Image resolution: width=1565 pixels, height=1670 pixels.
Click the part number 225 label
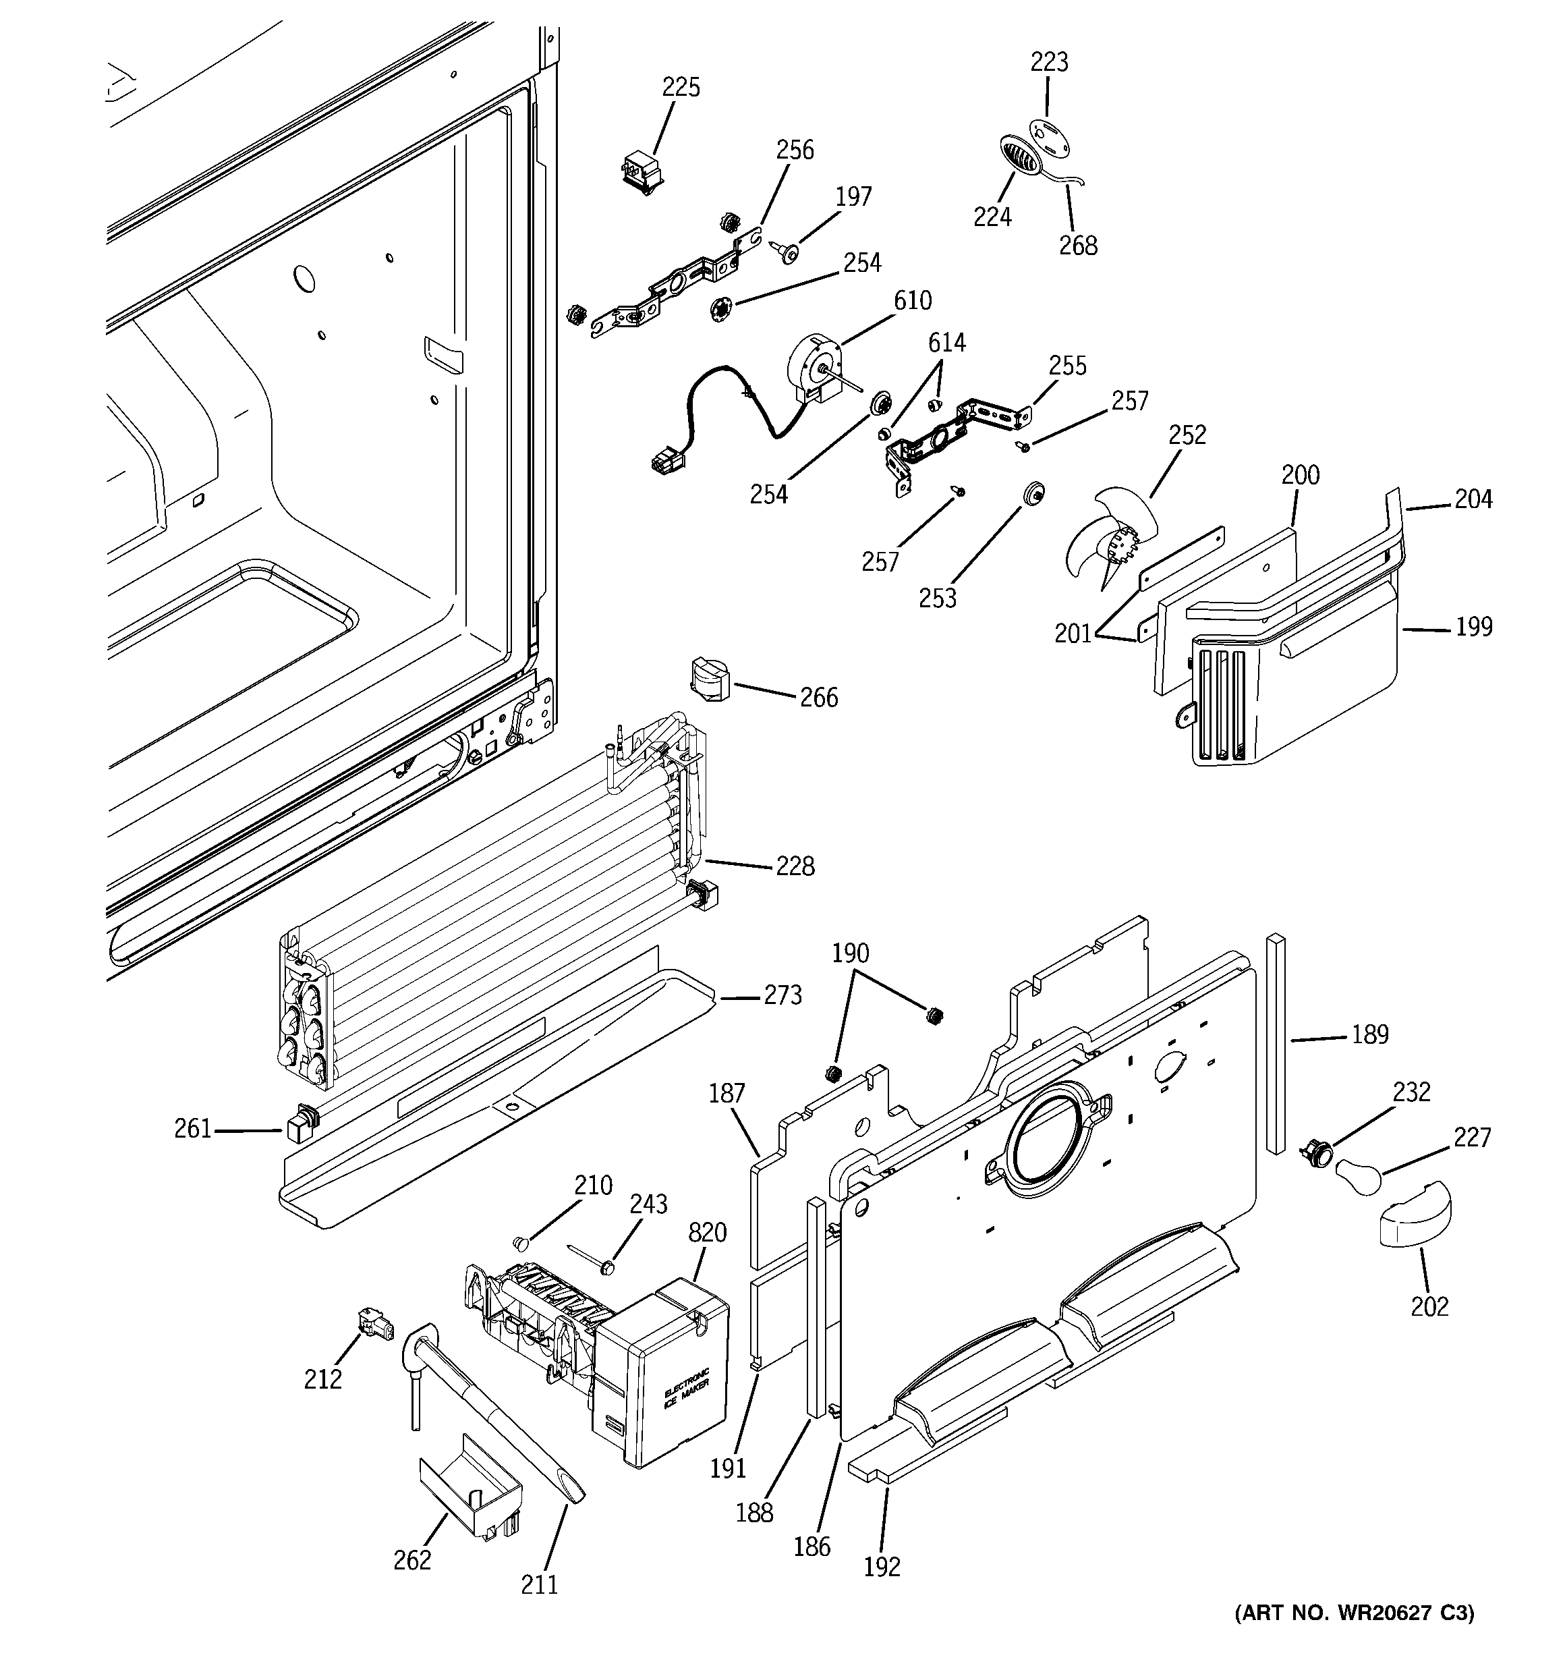(681, 87)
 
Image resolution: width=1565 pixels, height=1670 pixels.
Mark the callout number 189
(1370, 1035)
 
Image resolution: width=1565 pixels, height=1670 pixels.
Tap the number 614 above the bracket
(946, 343)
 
